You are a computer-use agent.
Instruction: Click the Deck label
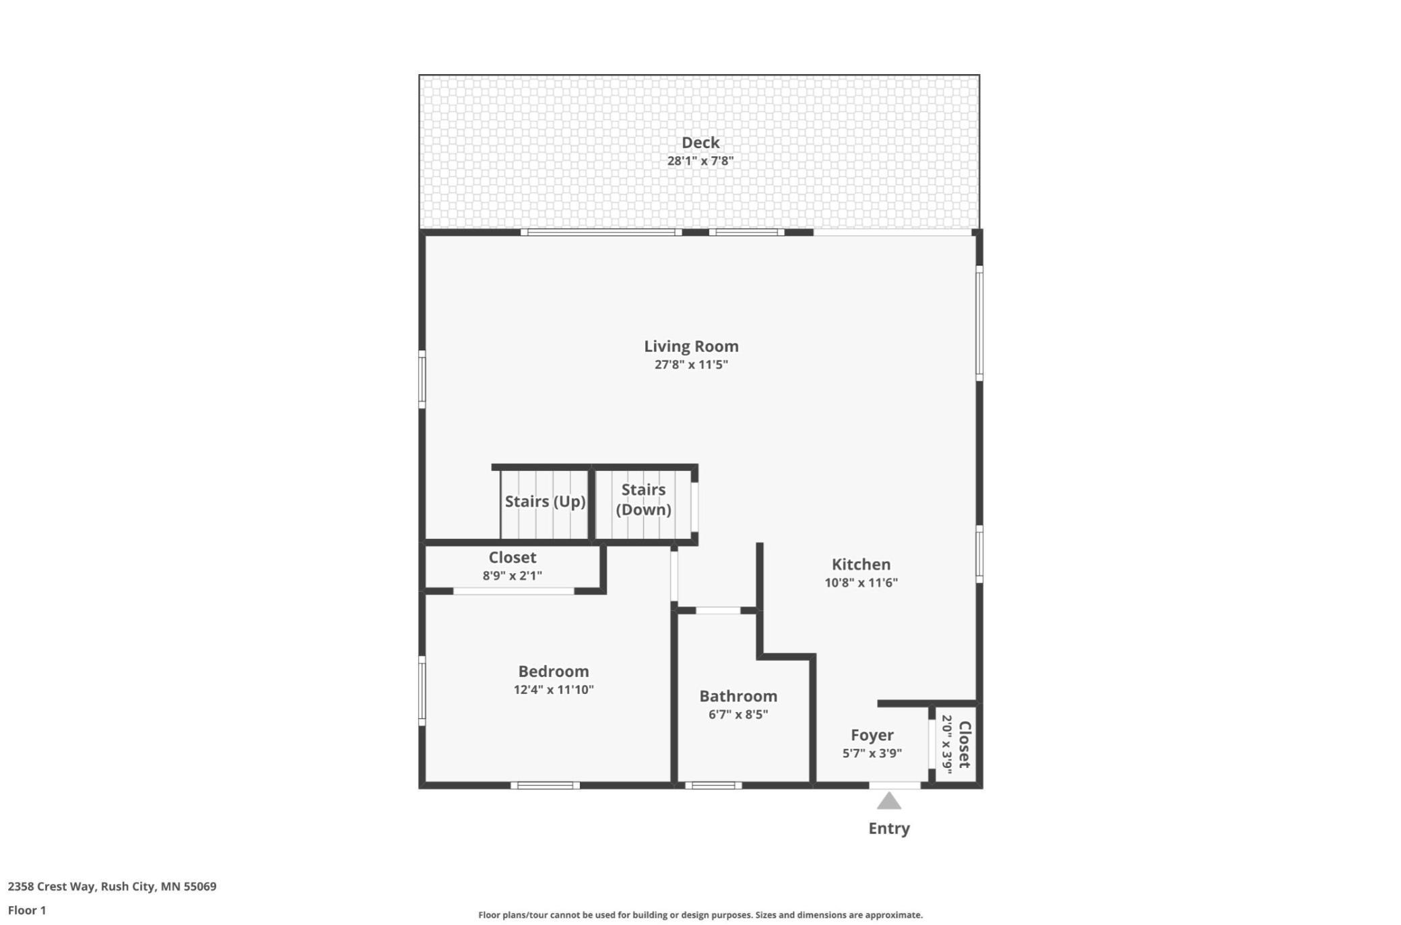[x=700, y=143]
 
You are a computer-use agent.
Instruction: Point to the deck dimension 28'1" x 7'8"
[x=700, y=161]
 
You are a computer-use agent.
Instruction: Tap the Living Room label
[x=691, y=346]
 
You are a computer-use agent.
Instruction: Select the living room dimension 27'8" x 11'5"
[x=691, y=364]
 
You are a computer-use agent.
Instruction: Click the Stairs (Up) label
[x=545, y=501]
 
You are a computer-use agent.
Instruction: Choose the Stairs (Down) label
[x=643, y=499]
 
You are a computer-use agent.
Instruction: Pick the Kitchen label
[x=861, y=565]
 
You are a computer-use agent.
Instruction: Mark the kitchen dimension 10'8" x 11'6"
[x=861, y=583]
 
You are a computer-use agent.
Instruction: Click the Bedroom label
[x=553, y=672]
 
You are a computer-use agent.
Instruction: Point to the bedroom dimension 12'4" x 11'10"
[x=553, y=690]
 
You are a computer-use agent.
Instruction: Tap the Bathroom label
[x=738, y=697]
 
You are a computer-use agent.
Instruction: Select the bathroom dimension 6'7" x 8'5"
[x=738, y=715]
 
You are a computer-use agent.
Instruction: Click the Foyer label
[x=872, y=736]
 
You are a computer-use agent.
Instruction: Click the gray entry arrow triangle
[x=888, y=802]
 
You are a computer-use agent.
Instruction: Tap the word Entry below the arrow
[x=888, y=829]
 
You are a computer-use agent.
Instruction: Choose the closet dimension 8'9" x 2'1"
[x=512, y=576]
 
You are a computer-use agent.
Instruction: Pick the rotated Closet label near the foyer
[x=965, y=744]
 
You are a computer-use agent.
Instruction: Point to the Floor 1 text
[x=27, y=911]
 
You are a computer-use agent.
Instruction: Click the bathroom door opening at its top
[x=717, y=610]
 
